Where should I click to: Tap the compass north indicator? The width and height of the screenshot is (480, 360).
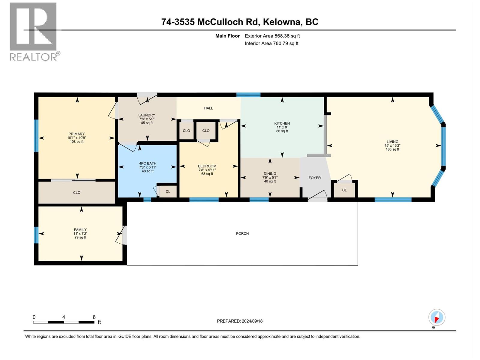(x=437, y=318)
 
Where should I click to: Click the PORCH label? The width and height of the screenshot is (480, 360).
(x=242, y=233)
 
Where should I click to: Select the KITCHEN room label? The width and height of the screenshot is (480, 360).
(x=282, y=123)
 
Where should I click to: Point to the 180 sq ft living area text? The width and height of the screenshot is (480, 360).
(x=392, y=149)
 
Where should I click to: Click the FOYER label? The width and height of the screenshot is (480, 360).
(x=315, y=178)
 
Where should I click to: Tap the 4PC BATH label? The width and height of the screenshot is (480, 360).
(x=148, y=163)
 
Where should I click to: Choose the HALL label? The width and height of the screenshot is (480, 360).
(x=208, y=108)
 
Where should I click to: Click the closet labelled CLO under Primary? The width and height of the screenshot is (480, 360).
(x=77, y=193)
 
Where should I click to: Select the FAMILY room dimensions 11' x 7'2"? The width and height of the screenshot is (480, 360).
(x=80, y=233)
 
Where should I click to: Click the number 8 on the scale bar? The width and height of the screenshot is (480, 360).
(x=94, y=317)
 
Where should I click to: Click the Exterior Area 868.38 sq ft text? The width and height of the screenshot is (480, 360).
(x=272, y=36)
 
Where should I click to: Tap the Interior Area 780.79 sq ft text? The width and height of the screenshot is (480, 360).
(x=271, y=43)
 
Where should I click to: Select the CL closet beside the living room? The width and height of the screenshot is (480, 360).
(x=344, y=190)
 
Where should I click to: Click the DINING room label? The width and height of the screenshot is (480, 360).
(x=270, y=174)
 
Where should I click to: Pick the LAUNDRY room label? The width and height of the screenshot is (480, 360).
(x=147, y=115)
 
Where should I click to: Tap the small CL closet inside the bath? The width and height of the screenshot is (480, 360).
(x=168, y=191)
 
